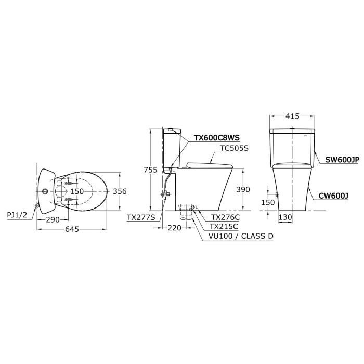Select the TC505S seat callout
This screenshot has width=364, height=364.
235,148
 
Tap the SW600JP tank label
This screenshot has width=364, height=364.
342,160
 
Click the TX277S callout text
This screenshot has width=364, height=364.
141,217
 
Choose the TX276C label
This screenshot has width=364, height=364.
225,217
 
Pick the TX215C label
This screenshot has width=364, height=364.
224,226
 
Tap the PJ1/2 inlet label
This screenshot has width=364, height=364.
18,214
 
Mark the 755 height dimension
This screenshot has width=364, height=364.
150,170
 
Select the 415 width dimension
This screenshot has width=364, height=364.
293,116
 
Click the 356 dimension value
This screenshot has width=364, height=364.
120,191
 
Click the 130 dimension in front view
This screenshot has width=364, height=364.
284,217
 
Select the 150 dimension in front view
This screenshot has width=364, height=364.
268,203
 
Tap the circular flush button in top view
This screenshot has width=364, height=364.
45,191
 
